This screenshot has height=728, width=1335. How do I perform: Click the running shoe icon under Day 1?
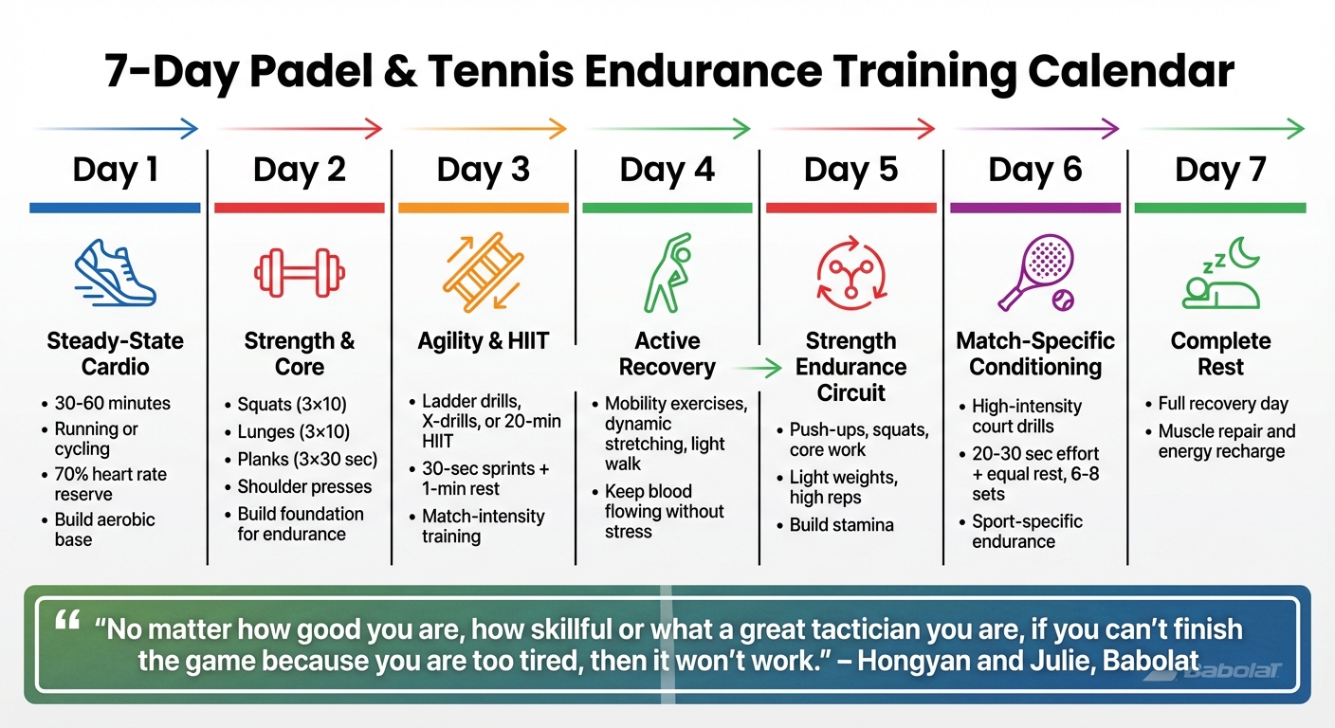115,272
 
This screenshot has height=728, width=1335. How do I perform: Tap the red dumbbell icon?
300,274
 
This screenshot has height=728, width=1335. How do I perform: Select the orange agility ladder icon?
483,274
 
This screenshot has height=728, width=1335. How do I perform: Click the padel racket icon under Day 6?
1034,273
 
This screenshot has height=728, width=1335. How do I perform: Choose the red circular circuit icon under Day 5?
850,274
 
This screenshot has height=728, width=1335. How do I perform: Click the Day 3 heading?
483,170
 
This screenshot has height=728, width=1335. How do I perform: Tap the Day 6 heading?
1034,170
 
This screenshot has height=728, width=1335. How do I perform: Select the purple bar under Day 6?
1034,208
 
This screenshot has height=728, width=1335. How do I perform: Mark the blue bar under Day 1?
115,208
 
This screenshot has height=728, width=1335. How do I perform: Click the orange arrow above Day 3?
484,128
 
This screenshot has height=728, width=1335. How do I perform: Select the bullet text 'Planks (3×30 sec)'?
307,460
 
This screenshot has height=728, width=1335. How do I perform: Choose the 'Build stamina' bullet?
841,524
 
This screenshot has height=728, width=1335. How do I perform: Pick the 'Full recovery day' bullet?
1222,404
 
